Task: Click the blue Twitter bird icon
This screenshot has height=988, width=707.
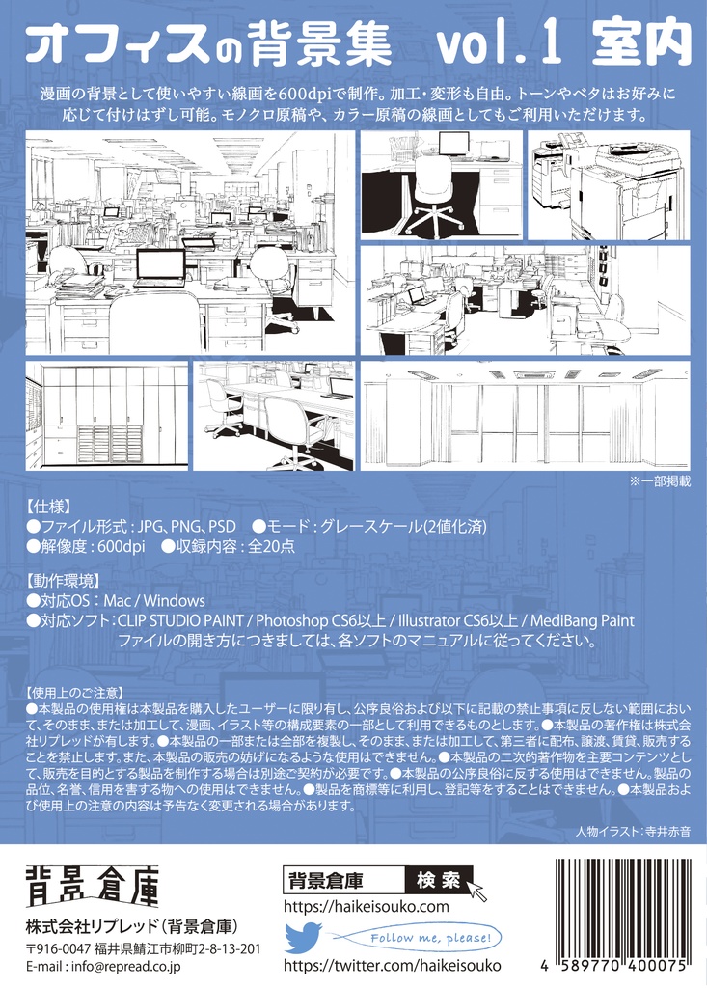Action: tap(303, 937)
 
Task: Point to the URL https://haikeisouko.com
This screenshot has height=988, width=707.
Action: tap(367, 907)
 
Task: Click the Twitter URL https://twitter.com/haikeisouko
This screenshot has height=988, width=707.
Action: tap(392, 965)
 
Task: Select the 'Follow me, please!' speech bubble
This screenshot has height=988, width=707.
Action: tap(424, 938)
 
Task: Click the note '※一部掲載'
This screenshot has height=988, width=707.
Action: tap(660, 481)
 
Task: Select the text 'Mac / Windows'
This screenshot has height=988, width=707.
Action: tap(154, 600)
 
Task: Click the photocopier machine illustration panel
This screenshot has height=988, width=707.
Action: tap(609, 185)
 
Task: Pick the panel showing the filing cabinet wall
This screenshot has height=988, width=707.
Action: tap(106, 415)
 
